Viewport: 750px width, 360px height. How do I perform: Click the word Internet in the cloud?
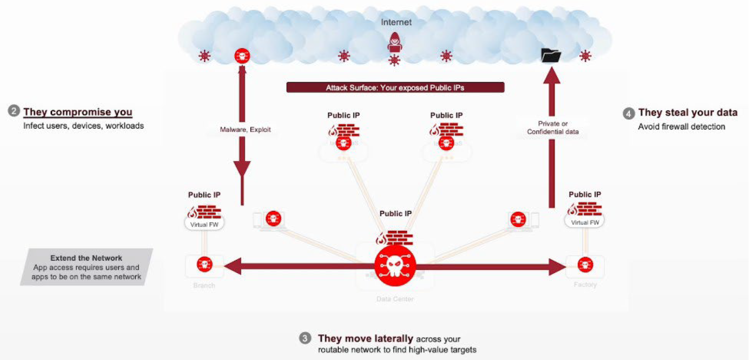396,22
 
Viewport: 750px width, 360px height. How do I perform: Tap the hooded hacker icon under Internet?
395,42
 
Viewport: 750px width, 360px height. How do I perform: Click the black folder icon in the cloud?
551,55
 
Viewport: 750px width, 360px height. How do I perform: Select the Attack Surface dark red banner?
395,87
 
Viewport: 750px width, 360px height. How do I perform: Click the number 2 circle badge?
13,111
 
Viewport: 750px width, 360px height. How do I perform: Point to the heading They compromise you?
78,112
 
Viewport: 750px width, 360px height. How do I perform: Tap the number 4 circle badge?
629,113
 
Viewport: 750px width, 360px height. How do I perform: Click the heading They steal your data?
688,113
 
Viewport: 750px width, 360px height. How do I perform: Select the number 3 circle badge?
305,338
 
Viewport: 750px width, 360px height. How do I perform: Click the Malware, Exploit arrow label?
245,129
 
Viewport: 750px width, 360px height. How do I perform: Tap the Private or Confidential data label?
553,127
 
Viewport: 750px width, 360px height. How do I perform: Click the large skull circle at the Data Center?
395,266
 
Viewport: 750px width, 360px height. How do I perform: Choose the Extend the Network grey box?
87,267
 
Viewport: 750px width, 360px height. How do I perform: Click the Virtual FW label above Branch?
204,225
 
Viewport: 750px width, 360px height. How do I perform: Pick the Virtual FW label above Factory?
585,222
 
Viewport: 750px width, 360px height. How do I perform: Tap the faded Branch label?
204,285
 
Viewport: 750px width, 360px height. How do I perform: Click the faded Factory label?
585,284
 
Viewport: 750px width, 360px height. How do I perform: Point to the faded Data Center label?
395,299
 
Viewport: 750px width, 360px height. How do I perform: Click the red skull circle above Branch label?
204,265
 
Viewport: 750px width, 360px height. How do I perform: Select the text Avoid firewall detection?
681,127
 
